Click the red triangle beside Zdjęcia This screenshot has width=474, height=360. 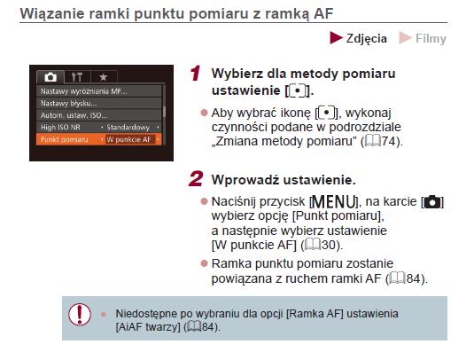click(x=336, y=38)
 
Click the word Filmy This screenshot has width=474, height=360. click(x=431, y=39)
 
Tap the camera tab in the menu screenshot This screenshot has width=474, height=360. click(x=51, y=77)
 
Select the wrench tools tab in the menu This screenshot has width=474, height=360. click(x=77, y=77)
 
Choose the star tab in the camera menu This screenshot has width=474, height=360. click(x=104, y=77)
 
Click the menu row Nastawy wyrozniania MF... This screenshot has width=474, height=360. click(x=99, y=91)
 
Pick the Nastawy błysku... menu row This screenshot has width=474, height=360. click(x=99, y=103)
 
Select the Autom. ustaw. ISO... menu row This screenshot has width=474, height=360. click(x=99, y=115)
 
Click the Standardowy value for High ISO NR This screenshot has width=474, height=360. click(x=128, y=128)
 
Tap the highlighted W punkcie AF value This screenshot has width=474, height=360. click(x=128, y=139)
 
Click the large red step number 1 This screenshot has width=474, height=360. click(x=196, y=74)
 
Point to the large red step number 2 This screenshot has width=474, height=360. click(x=196, y=179)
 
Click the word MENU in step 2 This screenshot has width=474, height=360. click(x=333, y=202)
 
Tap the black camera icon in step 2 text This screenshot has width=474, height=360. click(x=432, y=202)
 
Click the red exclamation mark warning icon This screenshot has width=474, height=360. click(x=80, y=314)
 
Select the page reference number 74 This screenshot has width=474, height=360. click(x=389, y=141)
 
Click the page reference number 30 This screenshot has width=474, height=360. click(x=329, y=245)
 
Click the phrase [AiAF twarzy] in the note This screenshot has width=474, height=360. click(x=148, y=327)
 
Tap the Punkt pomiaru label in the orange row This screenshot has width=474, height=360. click(x=65, y=139)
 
